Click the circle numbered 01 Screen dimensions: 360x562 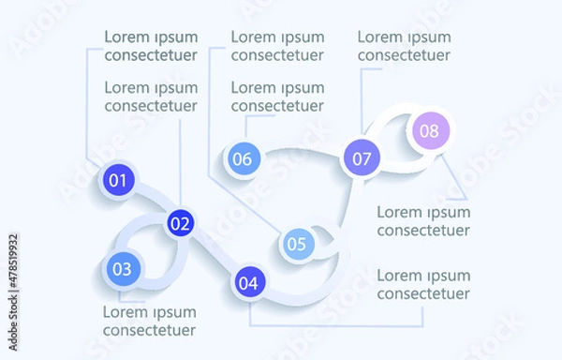point(118,180)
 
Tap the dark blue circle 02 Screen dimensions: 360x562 point(180,224)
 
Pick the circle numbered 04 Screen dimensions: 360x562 point(247,281)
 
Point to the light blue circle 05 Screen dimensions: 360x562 point(297,246)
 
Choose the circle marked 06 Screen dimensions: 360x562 point(242,158)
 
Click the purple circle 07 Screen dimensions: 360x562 point(362,157)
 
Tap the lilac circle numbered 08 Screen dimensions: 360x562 point(429,131)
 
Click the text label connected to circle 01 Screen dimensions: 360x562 point(151,46)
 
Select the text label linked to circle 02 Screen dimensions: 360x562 point(151,97)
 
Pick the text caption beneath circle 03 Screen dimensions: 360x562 point(149,321)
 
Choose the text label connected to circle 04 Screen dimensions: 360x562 point(423,284)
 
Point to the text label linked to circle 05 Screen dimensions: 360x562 point(277,46)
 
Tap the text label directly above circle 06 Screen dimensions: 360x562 point(277,97)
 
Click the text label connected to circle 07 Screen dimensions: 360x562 point(404,46)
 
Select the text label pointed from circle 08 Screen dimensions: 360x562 point(423,221)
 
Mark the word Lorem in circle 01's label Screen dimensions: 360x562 point(125,37)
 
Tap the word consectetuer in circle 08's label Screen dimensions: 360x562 point(423,231)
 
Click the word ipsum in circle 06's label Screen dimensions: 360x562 point(300,88)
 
